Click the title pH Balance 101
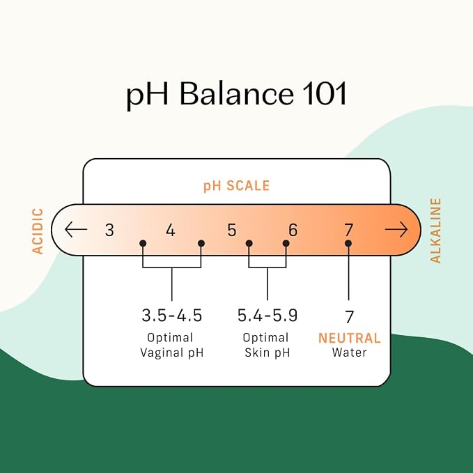tap(237, 94)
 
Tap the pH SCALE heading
tap(237, 186)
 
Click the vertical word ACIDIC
tap(38, 231)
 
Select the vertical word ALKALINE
tap(435, 231)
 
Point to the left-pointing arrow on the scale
tap(76, 229)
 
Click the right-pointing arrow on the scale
tap(396, 230)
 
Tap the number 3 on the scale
tap(109, 230)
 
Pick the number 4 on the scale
tap(171, 230)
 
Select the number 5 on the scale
tap(232, 230)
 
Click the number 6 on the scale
tap(293, 230)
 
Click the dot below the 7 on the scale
tap(348, 243)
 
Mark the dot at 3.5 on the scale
tap(143, 243)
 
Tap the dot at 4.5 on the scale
tap(201, 243)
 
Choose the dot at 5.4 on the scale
tap(249, 243)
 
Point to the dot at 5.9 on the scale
tap(286, 243)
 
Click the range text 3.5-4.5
tap(171, 316)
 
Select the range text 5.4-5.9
tap(267, 316)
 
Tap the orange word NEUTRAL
tap(349, 338)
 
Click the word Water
tap(349, 352)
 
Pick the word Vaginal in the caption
tap(162, 353)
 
